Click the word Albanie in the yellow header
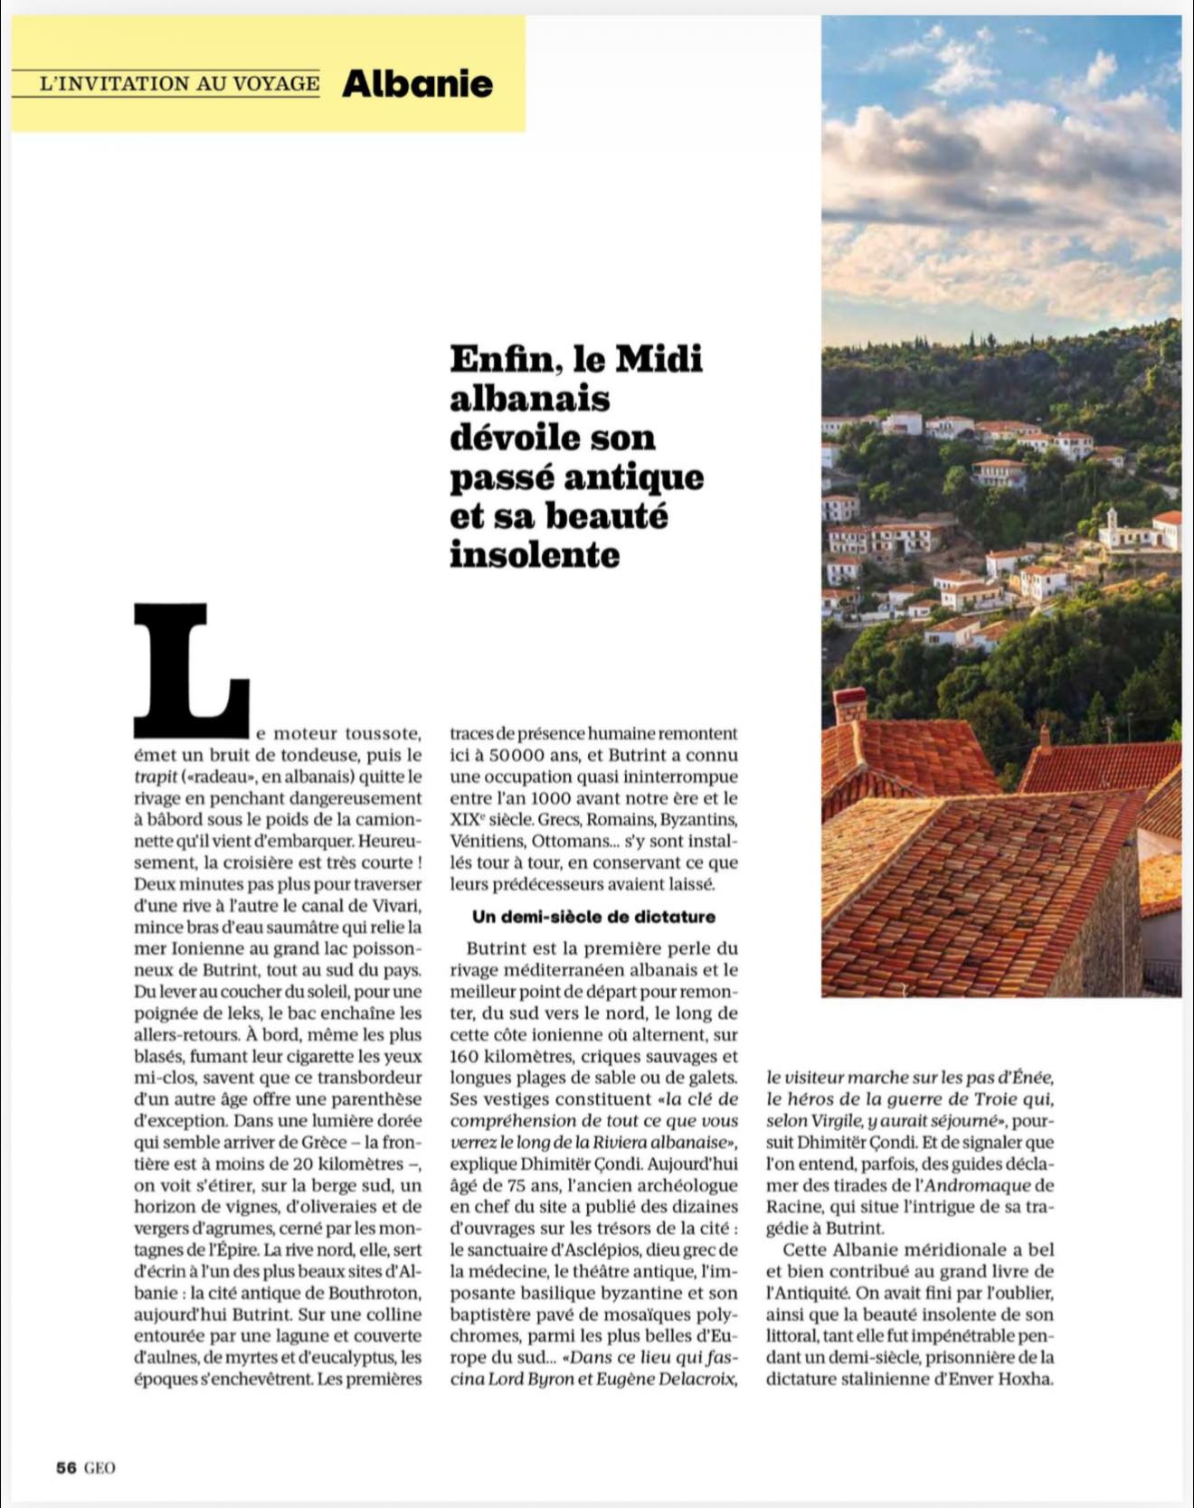(417, 83)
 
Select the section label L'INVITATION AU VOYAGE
(180, 83)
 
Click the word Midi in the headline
(658, 359)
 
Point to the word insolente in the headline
(535, 554)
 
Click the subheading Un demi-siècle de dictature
(593, 917)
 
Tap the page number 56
(66, 1467)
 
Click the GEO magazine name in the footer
(99, 1467)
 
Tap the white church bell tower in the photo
(1112, 523)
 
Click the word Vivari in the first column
(396, 906)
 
